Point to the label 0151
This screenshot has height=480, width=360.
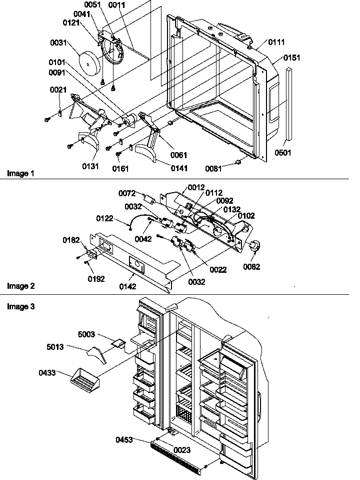click(292, 58)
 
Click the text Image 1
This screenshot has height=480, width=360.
click(21, 173)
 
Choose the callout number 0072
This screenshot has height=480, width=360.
click(127, 193)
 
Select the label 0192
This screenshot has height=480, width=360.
click(96, 279)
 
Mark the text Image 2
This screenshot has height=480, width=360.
click(21, 286)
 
